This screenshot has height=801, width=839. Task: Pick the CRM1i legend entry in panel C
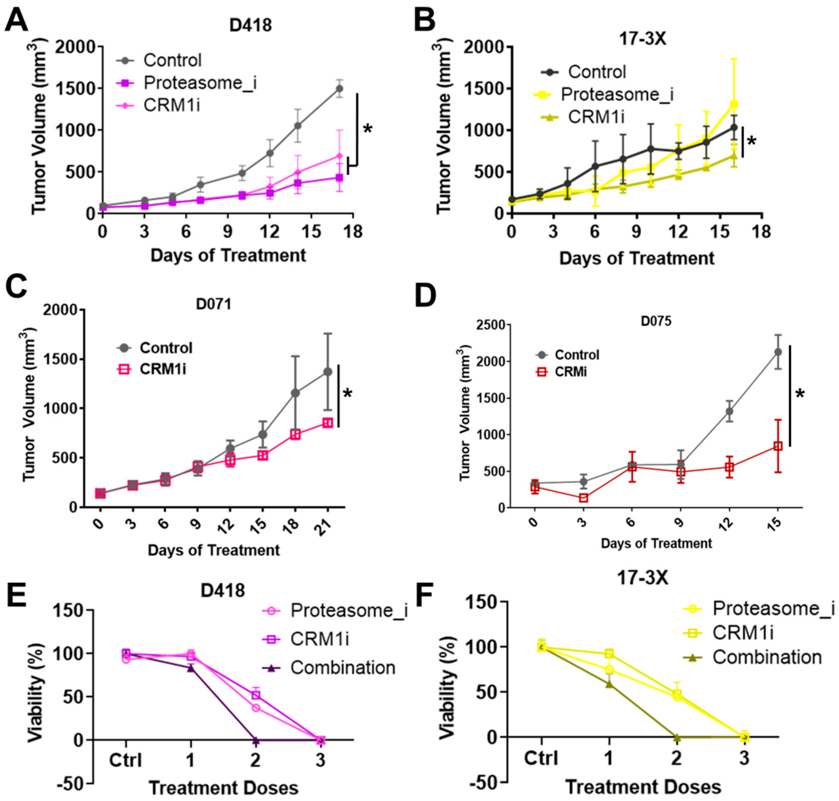(x=163, y=369)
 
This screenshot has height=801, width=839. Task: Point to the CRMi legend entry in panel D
(x=570, y=372)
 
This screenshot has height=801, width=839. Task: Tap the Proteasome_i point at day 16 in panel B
(x=734, y=104)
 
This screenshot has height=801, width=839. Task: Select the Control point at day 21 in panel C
(x=327, y=372)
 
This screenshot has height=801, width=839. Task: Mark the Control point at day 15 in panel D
(x=778, y=352)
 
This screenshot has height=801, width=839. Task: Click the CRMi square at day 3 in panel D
(x=583, y=498)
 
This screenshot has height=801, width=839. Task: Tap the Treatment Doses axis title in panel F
(x=642, y=787)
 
